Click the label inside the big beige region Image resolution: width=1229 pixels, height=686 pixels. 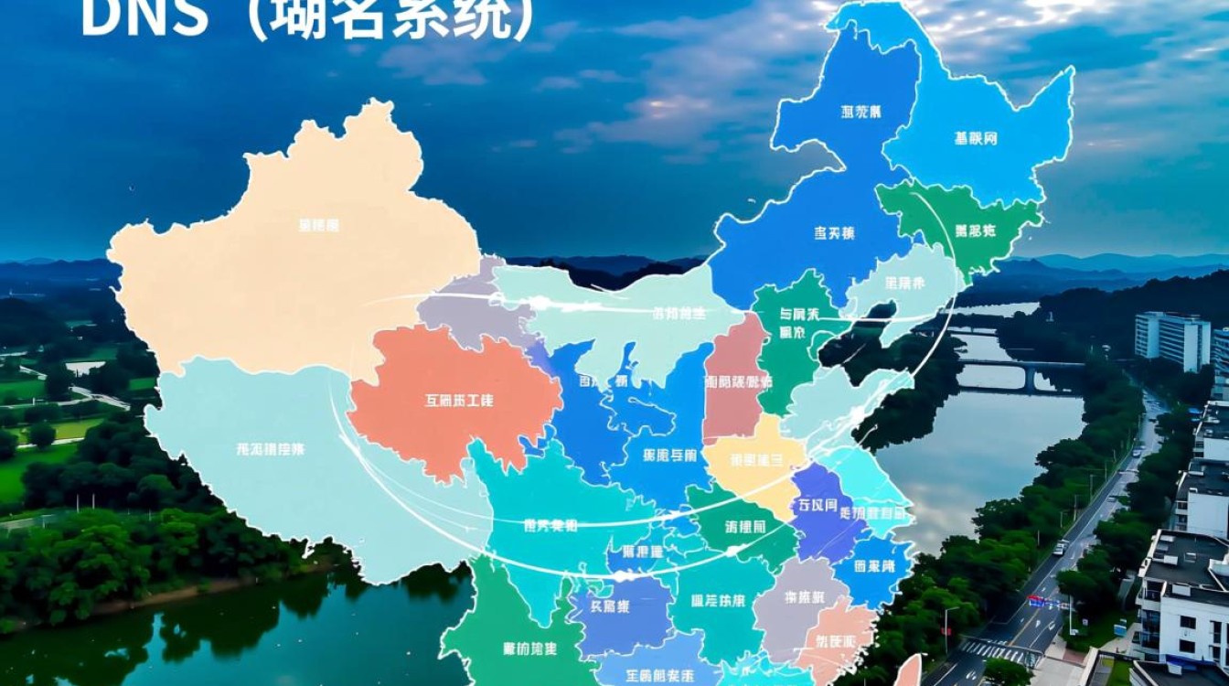coord(318,225)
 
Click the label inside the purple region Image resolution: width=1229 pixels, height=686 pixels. coord(817,505)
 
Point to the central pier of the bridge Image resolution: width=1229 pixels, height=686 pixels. coord(1031,378)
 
